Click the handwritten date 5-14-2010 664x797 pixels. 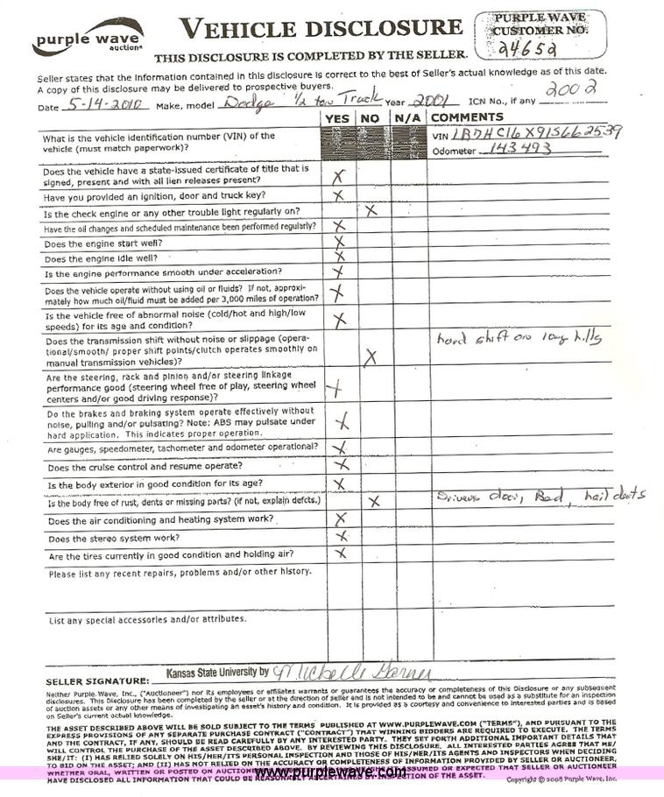103,103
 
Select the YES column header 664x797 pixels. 338,117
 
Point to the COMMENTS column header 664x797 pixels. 467,117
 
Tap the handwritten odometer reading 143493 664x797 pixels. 517,150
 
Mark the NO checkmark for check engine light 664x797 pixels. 371,210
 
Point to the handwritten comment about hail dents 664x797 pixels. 540,496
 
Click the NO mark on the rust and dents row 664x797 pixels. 373,501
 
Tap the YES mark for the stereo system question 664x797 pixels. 342,535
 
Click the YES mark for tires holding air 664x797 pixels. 342,553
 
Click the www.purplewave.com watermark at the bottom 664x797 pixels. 330,772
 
